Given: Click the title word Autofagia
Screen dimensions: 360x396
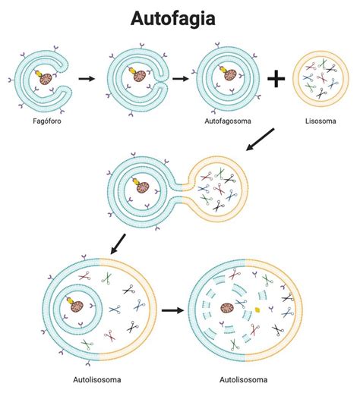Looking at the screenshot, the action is pos(173,18).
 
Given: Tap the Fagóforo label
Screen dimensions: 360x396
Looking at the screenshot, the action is pos(47,121).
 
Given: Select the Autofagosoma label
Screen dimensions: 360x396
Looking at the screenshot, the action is pos(228,121).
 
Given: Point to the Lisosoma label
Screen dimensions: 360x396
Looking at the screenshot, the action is pos(321,121).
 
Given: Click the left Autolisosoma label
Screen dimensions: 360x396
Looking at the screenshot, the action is pos(97,380).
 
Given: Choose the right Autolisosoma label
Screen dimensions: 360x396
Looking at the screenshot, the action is pos(243,380).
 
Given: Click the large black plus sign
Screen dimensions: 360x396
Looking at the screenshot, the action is pos(276,79).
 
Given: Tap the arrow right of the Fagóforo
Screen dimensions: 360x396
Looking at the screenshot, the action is pos(87,79).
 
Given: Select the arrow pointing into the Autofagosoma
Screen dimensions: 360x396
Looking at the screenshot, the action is pos(181,79).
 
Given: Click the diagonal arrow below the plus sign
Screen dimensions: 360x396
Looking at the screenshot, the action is pos(260,140).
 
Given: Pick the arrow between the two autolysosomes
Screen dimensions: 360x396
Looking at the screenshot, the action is pos(172,310).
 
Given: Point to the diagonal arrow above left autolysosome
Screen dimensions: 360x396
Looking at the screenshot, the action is pos(118,244).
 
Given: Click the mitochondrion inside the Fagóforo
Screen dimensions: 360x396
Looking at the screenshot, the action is pos(46,79).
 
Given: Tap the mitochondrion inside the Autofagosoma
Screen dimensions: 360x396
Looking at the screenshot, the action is pos(231,75).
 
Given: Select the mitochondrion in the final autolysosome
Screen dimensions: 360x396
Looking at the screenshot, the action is pos(227,309).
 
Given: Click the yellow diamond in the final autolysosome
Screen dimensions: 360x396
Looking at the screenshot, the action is pos(257,310).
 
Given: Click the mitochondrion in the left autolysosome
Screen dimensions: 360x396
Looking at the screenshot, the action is pos(77,306).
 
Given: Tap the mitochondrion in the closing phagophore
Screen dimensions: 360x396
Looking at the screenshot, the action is pos(140,76).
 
